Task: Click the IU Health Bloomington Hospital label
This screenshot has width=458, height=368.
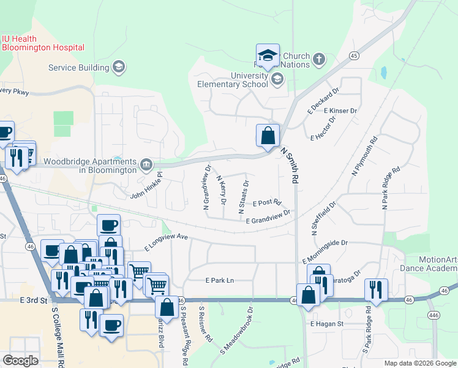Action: (43, 43)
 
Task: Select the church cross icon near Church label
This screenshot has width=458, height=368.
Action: (318, 59)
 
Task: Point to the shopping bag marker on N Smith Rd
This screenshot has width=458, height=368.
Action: (268, 136)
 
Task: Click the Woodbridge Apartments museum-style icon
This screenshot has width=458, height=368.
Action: (146, 164)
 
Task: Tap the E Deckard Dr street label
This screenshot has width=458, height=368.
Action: (323, 101)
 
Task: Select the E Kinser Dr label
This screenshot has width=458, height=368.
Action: (340, 111)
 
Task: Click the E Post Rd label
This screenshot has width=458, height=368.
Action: (266, 202)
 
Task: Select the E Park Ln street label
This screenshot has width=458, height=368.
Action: (219, 280)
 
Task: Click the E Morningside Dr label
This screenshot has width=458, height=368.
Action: (325, 243)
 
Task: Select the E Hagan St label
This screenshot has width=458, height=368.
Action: (328, 323)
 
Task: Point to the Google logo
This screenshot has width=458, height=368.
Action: (20, 361)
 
